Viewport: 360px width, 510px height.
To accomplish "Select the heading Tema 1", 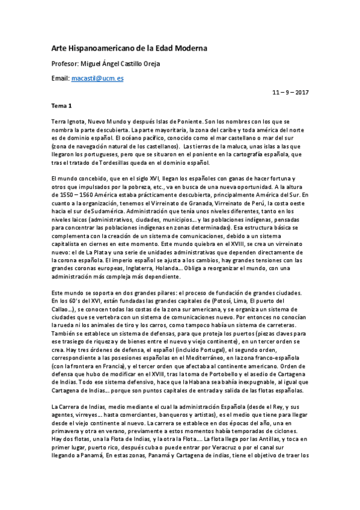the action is click(62, 105).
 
